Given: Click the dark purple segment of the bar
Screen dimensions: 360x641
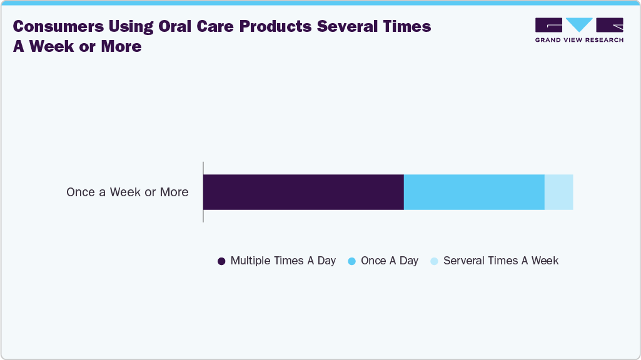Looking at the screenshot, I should click(303, 192).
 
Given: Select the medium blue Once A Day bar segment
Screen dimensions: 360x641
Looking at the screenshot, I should click(474, 192).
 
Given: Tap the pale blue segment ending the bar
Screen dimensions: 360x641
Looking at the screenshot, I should click(558, 192).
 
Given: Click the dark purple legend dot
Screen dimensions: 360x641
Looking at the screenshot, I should click(221, 261).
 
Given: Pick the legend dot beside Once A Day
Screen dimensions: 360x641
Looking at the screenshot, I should click(351, 261).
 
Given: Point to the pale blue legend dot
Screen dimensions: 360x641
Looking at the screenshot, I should click(434, 261).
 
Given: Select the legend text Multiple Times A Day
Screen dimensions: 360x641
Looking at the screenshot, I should click(283, 261).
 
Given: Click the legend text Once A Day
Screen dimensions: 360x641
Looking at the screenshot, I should click(389, 261).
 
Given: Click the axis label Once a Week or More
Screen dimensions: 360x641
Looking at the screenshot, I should click(127, 192).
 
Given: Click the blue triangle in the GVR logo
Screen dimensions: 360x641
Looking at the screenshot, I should click(579, 25).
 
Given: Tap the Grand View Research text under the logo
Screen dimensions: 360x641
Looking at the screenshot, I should click(579, 40).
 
